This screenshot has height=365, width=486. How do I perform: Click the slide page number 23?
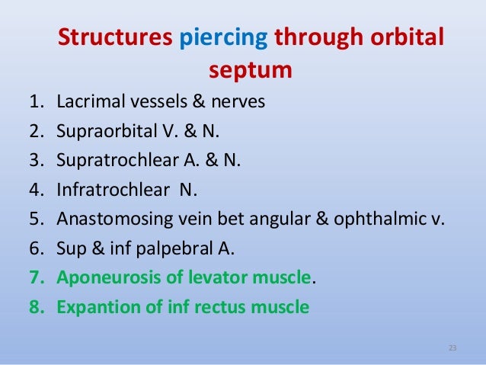(x=452, y=348)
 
